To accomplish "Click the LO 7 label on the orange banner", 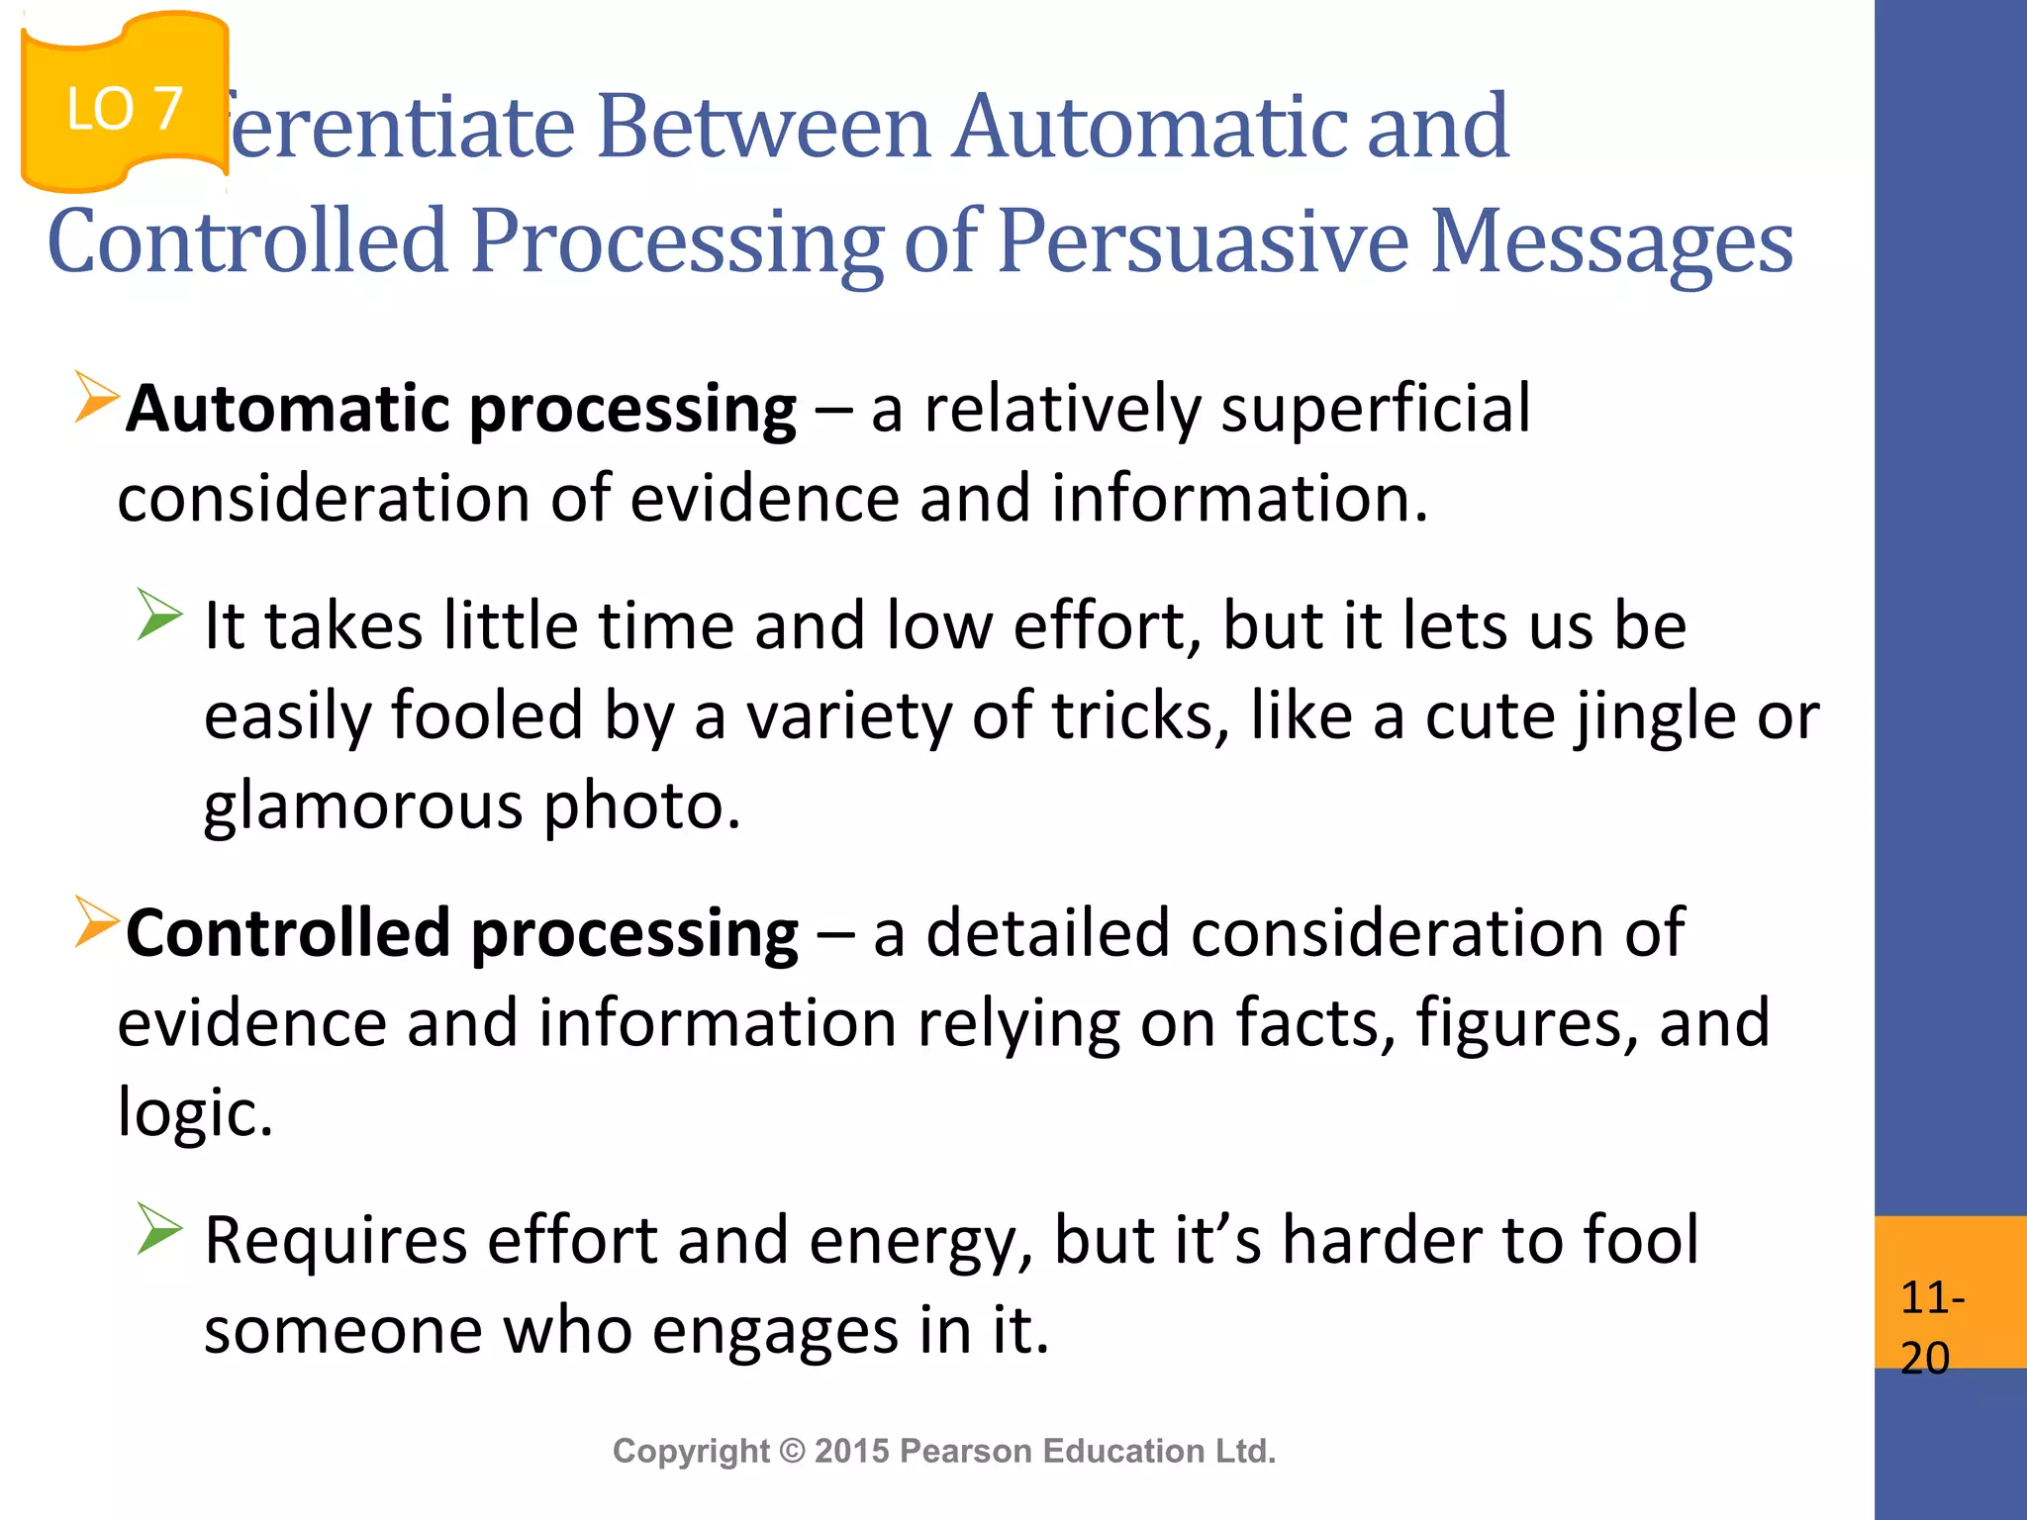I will pyautogui.click(x=125, y=109).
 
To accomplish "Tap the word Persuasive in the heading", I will pyautogui.click(x=1202, y=241).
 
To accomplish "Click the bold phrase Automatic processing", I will pyautogui.click(x=461, y=409).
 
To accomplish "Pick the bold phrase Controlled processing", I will pyautogui.click(x=462, y=933).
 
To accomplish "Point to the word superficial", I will pyautogui.click(x=1375, y=409).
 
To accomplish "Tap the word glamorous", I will pyautogui.click(x=362, y=806).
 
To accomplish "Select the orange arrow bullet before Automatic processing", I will pyautogui.click(x=96, y=397).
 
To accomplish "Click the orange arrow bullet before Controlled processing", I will pyautogui.click(x=96, y=921).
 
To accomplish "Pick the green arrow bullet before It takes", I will pyautogui.click(x=159, y=615).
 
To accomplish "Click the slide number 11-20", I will pyautogui.click(x=1931, y=1326).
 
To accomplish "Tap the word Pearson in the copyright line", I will pyautogui.click(x=965, y=1451).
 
